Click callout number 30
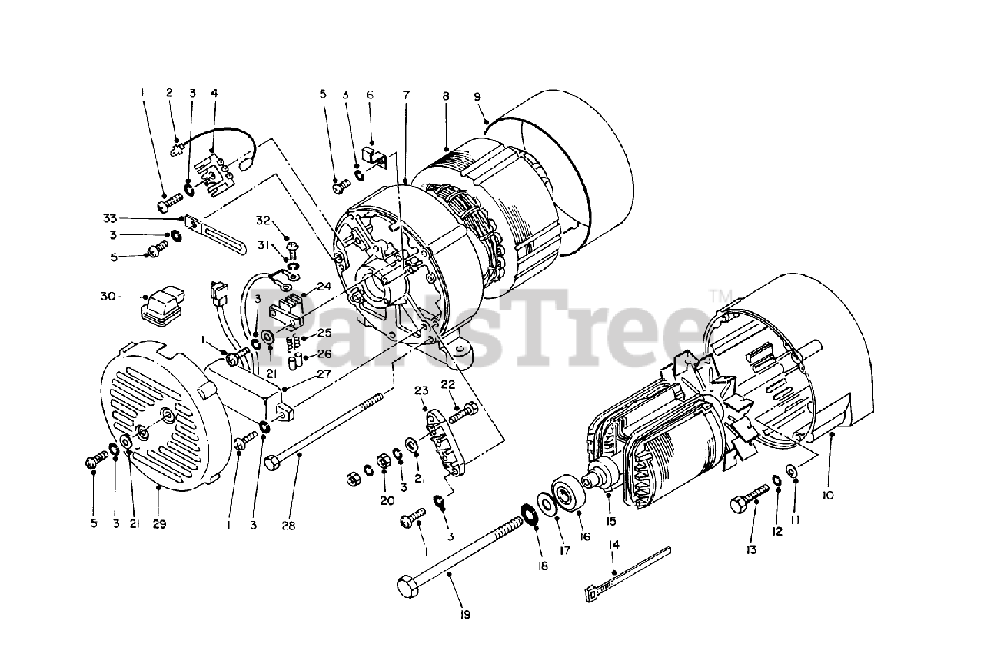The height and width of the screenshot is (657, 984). [107, 297]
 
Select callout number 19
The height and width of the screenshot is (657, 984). [466, 614]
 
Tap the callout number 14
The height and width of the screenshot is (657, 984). [613, 545]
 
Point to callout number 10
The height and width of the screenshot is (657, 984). [827, 496]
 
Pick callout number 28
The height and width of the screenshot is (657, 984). [288, 526]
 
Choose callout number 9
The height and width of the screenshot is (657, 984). [477, 97]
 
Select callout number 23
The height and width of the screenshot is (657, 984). [421, 391]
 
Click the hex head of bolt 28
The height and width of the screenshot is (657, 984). [271, 463]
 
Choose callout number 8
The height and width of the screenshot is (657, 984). [445, 97]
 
